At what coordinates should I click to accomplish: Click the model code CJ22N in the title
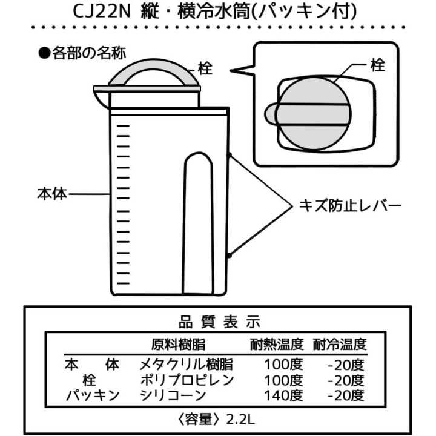tap(102, 12)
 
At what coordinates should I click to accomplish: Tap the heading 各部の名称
tap(89, 53)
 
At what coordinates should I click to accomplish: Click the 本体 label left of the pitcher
tap(52, 194)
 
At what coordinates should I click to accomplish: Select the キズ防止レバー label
tap(351, 206)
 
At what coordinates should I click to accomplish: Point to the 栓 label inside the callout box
tap(377, 65)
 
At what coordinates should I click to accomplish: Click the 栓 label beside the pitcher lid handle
tap(205, 68)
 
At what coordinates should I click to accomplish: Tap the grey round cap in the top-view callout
tap(314, 114)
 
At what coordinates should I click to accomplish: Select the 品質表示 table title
tap(219, 322)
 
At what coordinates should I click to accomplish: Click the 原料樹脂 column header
tap(178, 345)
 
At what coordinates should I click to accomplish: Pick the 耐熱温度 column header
tap(277, 345)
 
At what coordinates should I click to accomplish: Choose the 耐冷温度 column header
tap(340, 345)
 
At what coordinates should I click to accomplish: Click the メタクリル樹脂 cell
tap(186, 365)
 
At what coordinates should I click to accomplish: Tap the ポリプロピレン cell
tap(187, 380)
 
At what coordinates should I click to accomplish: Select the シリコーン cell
tap(173, 395)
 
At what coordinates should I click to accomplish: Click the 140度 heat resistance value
tap(283, 395)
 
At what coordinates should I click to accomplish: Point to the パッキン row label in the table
tap(93, 395)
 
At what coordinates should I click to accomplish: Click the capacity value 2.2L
tap(240, 420)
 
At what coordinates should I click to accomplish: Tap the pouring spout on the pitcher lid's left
tap(102, 99)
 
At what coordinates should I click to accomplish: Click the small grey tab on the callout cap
tap(271, 113)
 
